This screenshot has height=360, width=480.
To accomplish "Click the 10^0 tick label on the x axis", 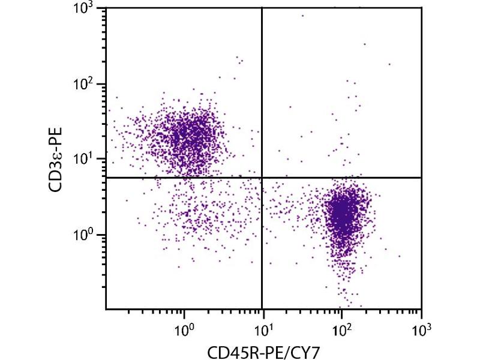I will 184,328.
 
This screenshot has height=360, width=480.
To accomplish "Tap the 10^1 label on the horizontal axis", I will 263,328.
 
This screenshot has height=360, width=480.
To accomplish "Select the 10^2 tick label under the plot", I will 342,328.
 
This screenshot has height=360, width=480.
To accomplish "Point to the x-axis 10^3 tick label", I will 421,328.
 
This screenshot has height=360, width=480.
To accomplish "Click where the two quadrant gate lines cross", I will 262,178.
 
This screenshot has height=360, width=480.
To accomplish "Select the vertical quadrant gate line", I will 262,90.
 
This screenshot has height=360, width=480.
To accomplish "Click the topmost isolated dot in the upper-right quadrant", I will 302,16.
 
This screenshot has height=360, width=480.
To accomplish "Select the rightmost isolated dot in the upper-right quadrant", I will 389,64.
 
